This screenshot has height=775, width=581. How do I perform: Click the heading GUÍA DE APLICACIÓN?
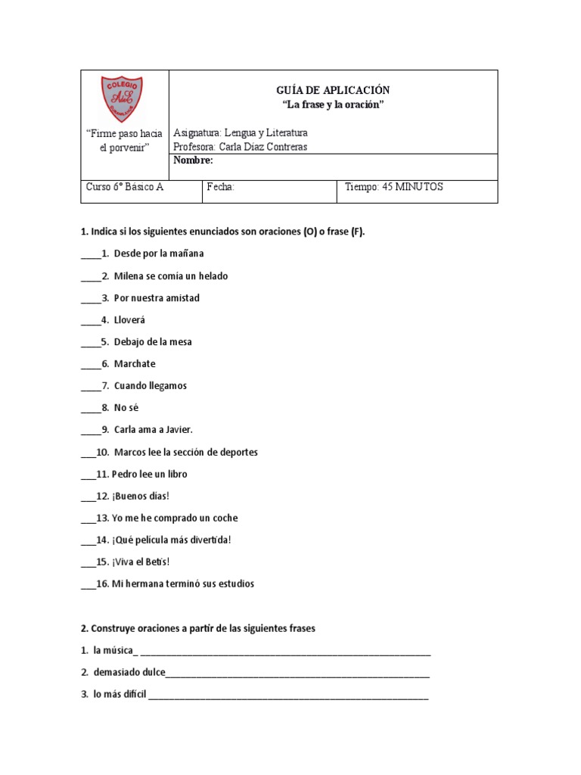tap(333, 91)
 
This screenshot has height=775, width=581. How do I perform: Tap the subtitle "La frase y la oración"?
tap(333, 104)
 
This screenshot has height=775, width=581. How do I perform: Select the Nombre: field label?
tap(194, 160)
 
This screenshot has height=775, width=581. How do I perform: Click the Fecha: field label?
tap(221, 188)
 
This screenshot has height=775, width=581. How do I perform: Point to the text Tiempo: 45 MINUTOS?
tap(393, 188)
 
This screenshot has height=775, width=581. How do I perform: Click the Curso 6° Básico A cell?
tap(125, 188)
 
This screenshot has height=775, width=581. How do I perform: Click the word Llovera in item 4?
tap(129, 320)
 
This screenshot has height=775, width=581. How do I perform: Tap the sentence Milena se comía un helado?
tap(171, 276)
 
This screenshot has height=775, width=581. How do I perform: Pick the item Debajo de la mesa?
tap(153, 342)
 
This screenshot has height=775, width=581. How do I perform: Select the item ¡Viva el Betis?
tap(141, 562)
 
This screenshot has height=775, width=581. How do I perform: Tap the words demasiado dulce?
tap(129, 672)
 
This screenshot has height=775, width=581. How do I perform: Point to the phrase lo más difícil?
tap(120, 694)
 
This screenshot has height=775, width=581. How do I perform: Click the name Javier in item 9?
tap(177, 430)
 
